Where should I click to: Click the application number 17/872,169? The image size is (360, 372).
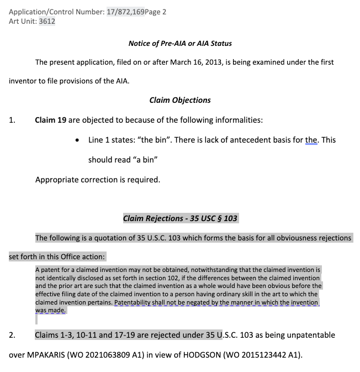click(125, 11)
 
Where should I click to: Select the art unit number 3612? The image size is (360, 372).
click(47, 22)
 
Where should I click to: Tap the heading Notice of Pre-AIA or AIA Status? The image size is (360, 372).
click(180, 43)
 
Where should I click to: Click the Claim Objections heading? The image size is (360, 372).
click(180, 100)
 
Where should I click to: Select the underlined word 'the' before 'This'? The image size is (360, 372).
click(311, 140)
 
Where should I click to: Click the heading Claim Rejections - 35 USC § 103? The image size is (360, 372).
click(180, 218)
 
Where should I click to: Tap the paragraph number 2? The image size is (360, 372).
click(12, 335)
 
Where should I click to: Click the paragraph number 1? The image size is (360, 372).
click(12, 120)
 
